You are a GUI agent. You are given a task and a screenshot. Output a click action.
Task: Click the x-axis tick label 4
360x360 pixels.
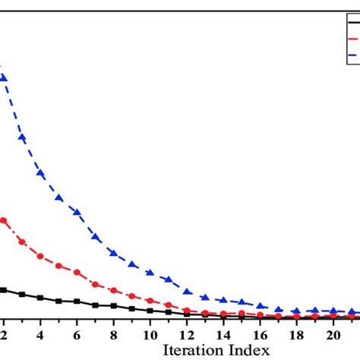coord(39,333)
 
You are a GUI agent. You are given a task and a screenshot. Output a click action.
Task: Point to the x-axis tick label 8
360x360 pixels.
coord(113,333)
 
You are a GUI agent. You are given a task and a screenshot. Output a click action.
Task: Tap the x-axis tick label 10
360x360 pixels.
coord(150,333)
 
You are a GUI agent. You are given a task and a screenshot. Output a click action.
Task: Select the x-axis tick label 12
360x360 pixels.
coord(187,333)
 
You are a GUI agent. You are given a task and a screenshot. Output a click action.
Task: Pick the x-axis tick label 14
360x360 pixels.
coord(223,333)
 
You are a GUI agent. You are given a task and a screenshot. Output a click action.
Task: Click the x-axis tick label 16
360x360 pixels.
coord(260,333)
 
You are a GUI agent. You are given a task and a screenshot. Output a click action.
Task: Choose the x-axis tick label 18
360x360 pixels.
coord(296,333)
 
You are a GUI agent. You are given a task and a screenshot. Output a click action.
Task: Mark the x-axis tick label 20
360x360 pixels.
coord(333,333)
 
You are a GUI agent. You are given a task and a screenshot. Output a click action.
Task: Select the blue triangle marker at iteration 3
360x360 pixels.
coord(22,137)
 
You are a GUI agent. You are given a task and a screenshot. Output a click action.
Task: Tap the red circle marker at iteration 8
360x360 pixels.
coord(113,290)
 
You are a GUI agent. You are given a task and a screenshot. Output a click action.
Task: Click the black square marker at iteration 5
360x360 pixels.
coord(58,301)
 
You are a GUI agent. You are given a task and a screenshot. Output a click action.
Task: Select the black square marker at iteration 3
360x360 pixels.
coord(22,294)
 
